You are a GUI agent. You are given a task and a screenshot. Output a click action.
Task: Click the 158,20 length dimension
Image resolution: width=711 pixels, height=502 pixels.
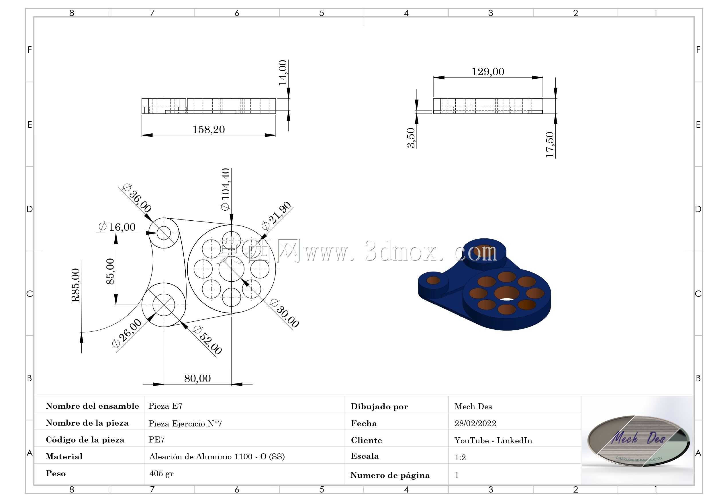208,129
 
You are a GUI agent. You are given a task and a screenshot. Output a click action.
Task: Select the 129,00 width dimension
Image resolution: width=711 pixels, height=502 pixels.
488,72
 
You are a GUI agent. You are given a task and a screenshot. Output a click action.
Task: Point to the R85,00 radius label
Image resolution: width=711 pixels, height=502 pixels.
76,285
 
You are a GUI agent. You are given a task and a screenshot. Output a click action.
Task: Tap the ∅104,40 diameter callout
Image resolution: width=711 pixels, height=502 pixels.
226,189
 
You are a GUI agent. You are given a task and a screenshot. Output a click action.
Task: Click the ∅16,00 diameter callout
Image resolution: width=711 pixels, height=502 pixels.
117,227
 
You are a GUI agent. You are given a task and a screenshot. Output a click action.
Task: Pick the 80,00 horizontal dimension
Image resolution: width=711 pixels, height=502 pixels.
197,378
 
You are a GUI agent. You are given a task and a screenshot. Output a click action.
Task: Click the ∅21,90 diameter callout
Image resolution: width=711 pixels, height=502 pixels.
277,216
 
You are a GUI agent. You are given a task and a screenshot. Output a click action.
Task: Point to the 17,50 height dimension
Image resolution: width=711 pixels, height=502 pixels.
550,145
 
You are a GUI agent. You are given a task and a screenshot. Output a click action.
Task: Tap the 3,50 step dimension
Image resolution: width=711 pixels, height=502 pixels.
411,138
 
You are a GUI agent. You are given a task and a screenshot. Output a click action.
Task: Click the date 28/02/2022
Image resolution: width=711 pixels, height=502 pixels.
475,423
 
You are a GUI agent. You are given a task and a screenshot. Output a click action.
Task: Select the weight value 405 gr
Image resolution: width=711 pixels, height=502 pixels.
161,474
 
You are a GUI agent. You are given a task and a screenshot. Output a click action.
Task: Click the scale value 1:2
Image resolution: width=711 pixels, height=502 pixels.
460,457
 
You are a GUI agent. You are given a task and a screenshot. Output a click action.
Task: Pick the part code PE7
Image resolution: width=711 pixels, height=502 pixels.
156,440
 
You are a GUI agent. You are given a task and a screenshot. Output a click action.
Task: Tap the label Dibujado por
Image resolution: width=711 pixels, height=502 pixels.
379,407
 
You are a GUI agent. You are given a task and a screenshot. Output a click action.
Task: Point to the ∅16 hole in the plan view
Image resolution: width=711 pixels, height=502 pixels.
164,233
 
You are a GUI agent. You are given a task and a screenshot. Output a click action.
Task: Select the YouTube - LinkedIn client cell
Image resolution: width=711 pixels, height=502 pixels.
493,440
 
